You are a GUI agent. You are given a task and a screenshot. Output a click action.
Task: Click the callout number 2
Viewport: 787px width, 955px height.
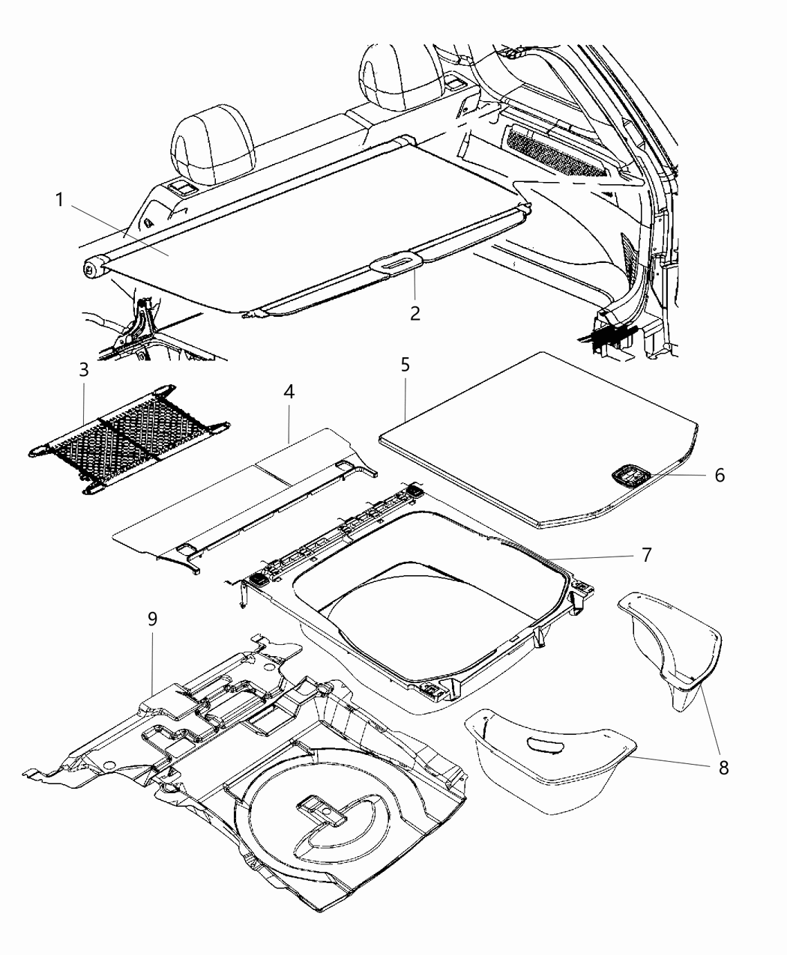coord(414,313)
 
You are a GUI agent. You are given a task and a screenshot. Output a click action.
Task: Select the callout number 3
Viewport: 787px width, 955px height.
coord(83,370)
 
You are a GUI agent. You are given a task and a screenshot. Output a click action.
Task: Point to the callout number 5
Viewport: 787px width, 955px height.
coord(405,366)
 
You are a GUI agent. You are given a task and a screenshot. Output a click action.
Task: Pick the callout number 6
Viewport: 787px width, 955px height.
coord(719,475)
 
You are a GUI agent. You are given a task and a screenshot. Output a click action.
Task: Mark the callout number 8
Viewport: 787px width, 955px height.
coord(723,768)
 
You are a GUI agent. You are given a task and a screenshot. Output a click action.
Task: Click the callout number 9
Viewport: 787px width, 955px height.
coord(152,619)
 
